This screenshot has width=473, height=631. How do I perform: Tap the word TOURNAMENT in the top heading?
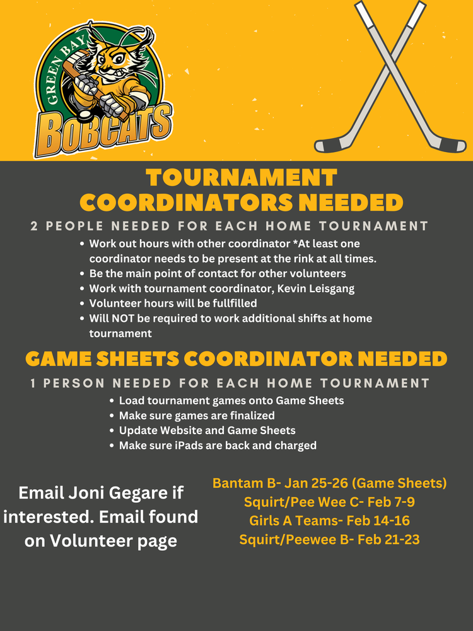[240, 178]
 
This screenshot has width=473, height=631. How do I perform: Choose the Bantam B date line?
[329, 483]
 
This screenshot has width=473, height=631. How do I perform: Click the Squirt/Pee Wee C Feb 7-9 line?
[329, 502]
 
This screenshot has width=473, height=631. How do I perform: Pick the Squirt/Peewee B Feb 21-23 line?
[329, 540]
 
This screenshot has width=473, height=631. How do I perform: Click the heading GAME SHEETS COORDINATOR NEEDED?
[237, 359]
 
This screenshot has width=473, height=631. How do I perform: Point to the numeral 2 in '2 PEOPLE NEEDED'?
[34, 226]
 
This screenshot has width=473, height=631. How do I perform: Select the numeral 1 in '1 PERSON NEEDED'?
[34, 383]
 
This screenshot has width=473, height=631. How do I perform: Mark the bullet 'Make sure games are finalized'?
[196, 415]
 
